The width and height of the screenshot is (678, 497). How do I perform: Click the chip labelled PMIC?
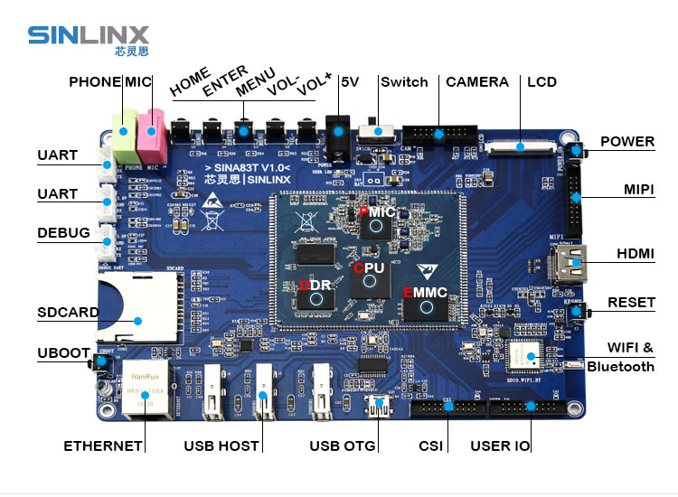click(x=374, y=221)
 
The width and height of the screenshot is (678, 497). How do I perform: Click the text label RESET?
click(x=631, y=302)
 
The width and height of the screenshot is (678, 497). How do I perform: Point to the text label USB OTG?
click(x=343, y=445)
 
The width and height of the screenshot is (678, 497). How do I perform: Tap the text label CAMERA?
click(x=477, y=82)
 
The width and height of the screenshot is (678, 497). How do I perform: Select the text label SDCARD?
click(x=68, y=313)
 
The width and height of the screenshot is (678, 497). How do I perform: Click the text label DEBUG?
click(x=63, y=233)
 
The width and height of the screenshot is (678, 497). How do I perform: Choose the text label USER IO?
click(x=500, y=445)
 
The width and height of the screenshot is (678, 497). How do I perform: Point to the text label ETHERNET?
click(x=103, y=445)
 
